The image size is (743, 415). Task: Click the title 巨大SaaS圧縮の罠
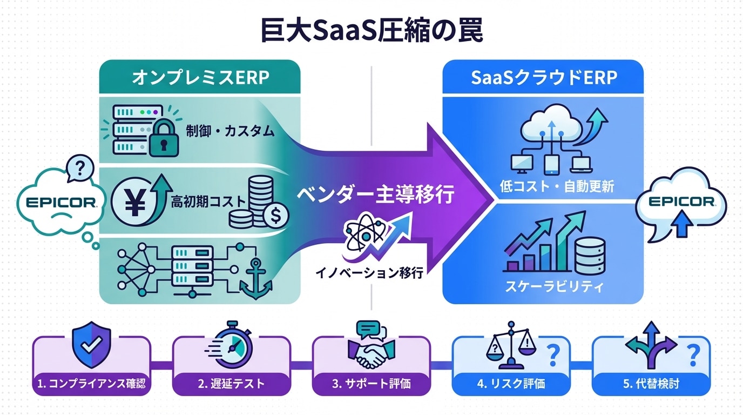[x=371, y=31]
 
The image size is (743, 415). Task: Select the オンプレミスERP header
[x=200, y=77]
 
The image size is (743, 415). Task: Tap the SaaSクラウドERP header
[x=543, y=77]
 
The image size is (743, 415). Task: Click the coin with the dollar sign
[x=275, y=217]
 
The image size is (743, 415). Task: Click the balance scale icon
[x=509, y=346]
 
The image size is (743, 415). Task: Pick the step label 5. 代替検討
[x=651, y=384]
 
